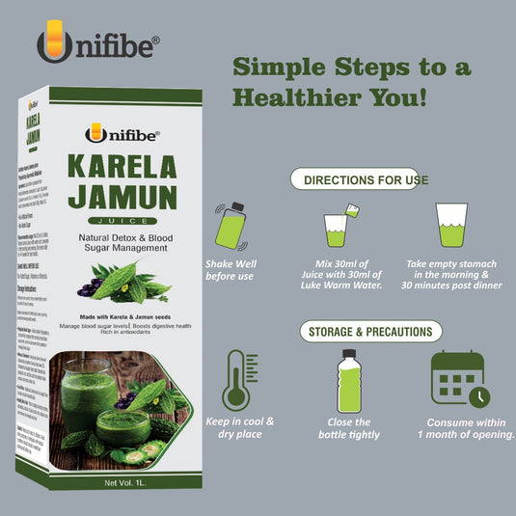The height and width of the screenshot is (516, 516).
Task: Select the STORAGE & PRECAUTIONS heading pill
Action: (368, 332)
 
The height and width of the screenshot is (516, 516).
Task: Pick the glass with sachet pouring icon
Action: (339, 228)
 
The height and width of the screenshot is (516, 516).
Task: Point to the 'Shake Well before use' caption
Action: (231, 270)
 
